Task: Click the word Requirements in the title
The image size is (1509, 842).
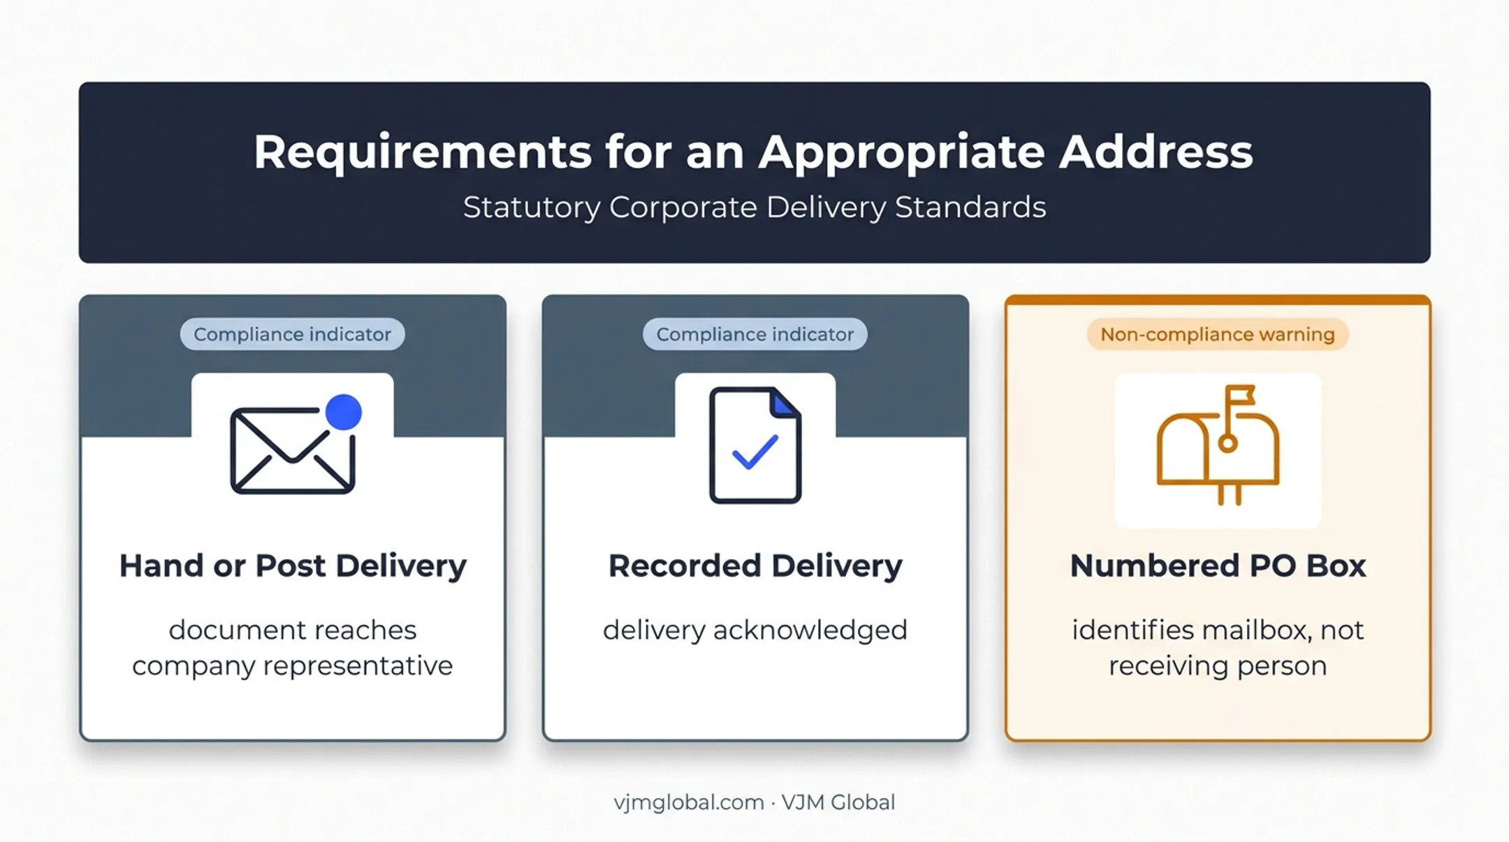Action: [x=423, y=153]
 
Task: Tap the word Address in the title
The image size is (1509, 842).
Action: [x=1156, y=152]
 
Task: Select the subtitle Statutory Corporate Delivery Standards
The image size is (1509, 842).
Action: [x=754, y=207]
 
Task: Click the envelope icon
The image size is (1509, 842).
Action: [x=293, y=450]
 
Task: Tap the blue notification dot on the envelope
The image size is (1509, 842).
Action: [x=343, y=412]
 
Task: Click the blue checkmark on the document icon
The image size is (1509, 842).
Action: [x=755, y=452]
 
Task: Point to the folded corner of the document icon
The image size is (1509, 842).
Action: [x=785, y=403]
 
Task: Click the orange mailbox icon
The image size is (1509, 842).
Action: [x=1218, y=445]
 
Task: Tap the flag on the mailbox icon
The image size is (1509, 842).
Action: [x=1239, y=396]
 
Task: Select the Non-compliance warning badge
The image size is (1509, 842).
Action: [x=1218, y=334]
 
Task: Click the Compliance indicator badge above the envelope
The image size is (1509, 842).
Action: [x=292, y=334]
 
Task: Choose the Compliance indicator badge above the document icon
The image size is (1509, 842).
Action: [x=755, y=334]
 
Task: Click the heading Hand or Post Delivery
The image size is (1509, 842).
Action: [x=293, y=566]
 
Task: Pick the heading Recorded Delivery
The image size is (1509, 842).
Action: [x=755, y=566]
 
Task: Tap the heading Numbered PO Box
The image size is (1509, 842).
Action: [x=1218, y=566]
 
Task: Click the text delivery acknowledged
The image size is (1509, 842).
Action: [x=755, y=630]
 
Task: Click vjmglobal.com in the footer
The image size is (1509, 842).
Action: [x=689, y=803]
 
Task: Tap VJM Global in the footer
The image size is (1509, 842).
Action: [x=838, y=802]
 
